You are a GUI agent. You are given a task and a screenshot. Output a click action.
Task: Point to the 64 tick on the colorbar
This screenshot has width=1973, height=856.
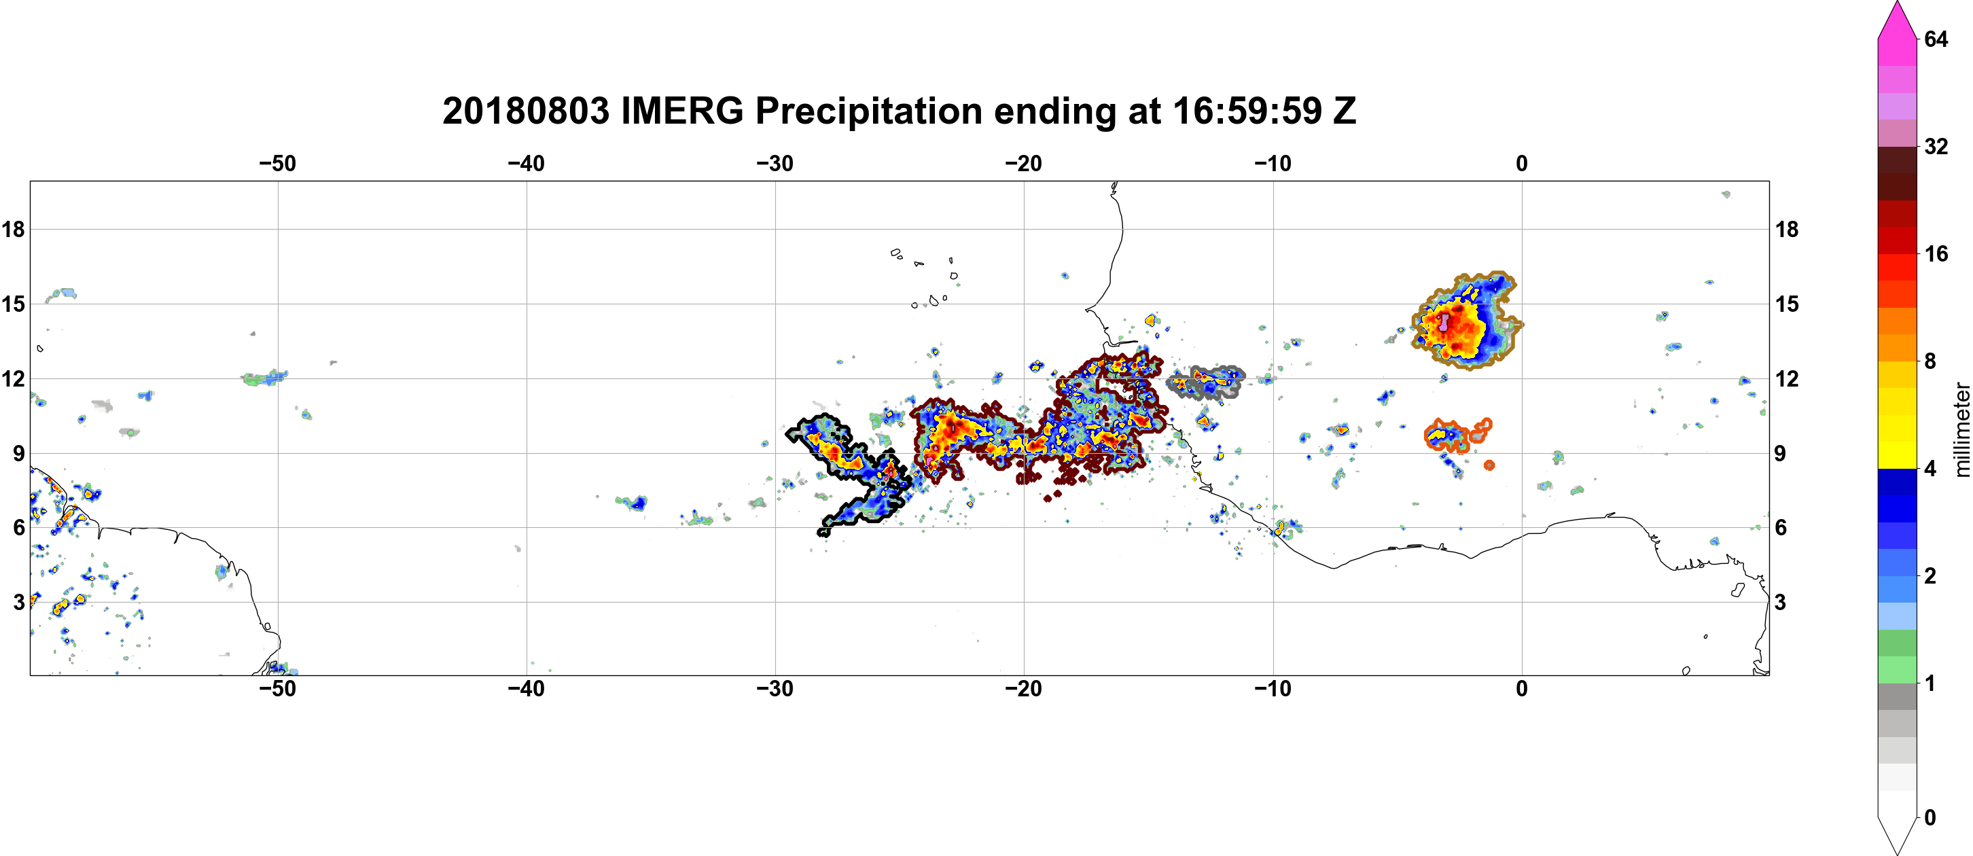click(1936, 39)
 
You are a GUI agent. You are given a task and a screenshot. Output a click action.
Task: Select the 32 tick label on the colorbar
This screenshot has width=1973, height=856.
click(1936, 146)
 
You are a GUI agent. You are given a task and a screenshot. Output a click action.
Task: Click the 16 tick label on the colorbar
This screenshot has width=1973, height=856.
click(1936, 254)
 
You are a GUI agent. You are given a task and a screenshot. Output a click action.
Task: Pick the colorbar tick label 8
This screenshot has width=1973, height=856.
click(1930, 361)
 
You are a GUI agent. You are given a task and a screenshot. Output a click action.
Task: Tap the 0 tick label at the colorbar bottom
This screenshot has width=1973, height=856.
click(1930, 818)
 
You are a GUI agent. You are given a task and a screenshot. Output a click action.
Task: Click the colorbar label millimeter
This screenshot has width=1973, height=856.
click(1961, 429)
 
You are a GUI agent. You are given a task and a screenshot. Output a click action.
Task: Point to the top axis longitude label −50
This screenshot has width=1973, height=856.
click(277, 164)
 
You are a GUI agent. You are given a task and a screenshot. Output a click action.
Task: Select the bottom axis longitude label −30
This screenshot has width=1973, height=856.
click(775, 689)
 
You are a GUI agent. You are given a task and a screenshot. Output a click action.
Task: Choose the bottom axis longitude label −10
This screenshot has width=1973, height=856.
click(1273, 689)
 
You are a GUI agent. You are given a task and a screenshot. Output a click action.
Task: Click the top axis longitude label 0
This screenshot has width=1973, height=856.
click(1522, 164)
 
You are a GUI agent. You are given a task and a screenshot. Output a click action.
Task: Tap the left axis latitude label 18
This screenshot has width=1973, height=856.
click(13, 229)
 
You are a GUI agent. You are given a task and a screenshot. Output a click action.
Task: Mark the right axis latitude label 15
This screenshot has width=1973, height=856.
click(1787, 304)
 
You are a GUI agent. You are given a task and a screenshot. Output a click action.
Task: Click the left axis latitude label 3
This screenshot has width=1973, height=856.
click(19, 602)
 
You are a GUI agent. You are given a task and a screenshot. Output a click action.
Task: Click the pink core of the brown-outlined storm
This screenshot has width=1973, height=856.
click(1444, 321)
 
